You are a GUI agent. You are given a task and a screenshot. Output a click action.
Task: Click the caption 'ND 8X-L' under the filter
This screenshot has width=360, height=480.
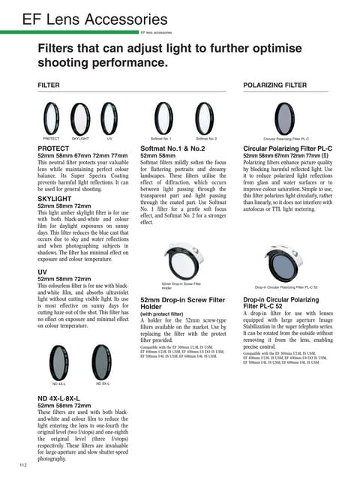(103, 384)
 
